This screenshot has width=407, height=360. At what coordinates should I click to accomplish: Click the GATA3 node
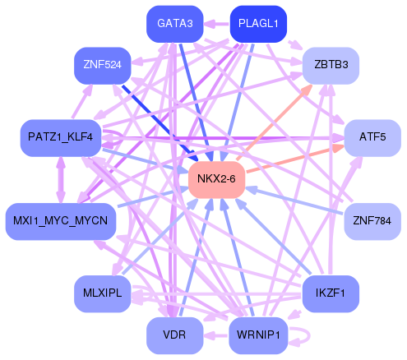(174, 23)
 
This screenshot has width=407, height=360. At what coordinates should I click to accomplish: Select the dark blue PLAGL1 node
(257, 23)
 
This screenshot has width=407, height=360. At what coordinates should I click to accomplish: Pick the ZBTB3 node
(331, 63)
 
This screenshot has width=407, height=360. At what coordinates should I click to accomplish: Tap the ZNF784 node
(371, 220)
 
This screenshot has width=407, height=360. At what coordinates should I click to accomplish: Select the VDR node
(174, 335)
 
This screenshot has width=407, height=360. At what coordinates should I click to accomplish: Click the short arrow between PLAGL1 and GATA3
(215, 24)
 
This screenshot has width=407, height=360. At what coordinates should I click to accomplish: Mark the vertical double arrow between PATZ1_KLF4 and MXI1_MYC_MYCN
(60, 178)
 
